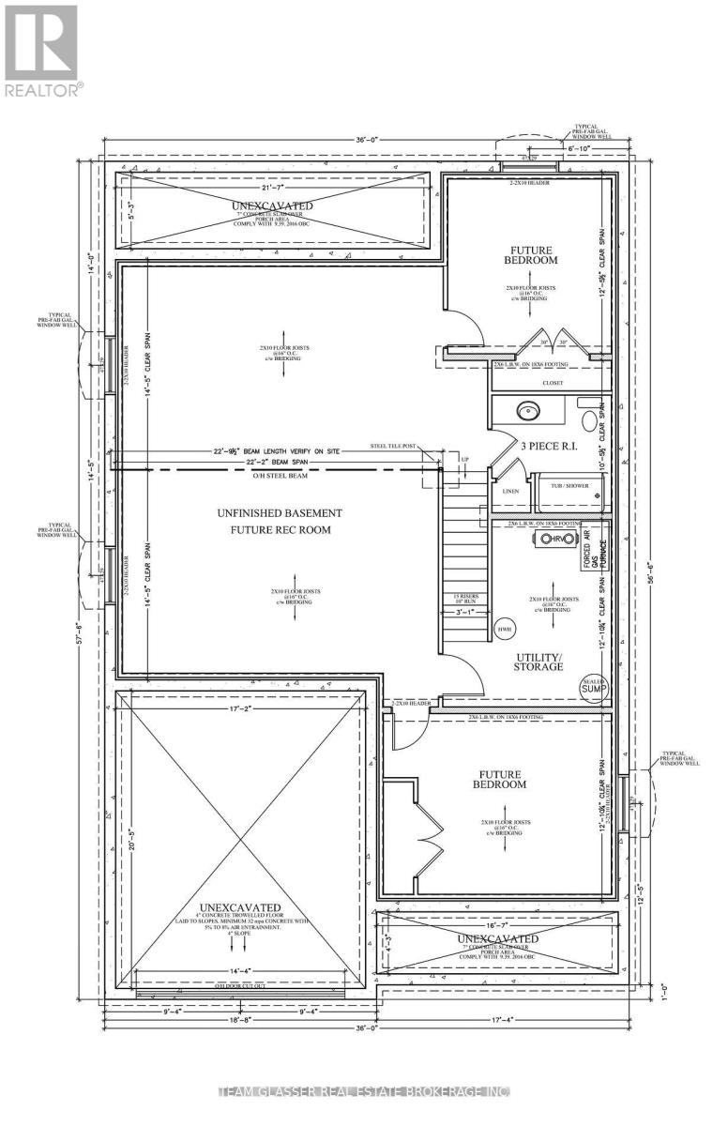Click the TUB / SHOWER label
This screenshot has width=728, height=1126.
point(569,486)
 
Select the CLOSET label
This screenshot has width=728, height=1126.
point(550,383)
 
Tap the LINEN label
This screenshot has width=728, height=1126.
point(510,491)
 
